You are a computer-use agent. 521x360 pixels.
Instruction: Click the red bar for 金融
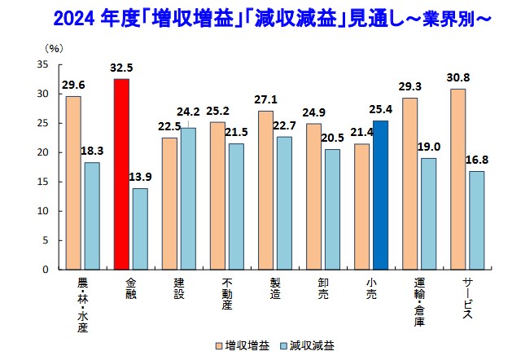click(121, 174)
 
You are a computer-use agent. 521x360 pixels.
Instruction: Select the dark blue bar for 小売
click(380, 195)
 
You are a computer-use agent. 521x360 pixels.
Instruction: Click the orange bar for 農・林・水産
click(73, 182)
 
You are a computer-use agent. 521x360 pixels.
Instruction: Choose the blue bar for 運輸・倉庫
click(428, 213)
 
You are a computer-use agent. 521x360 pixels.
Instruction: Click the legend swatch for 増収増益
click(219, 345)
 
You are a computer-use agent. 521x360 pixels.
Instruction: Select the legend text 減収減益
click(313, 345)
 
